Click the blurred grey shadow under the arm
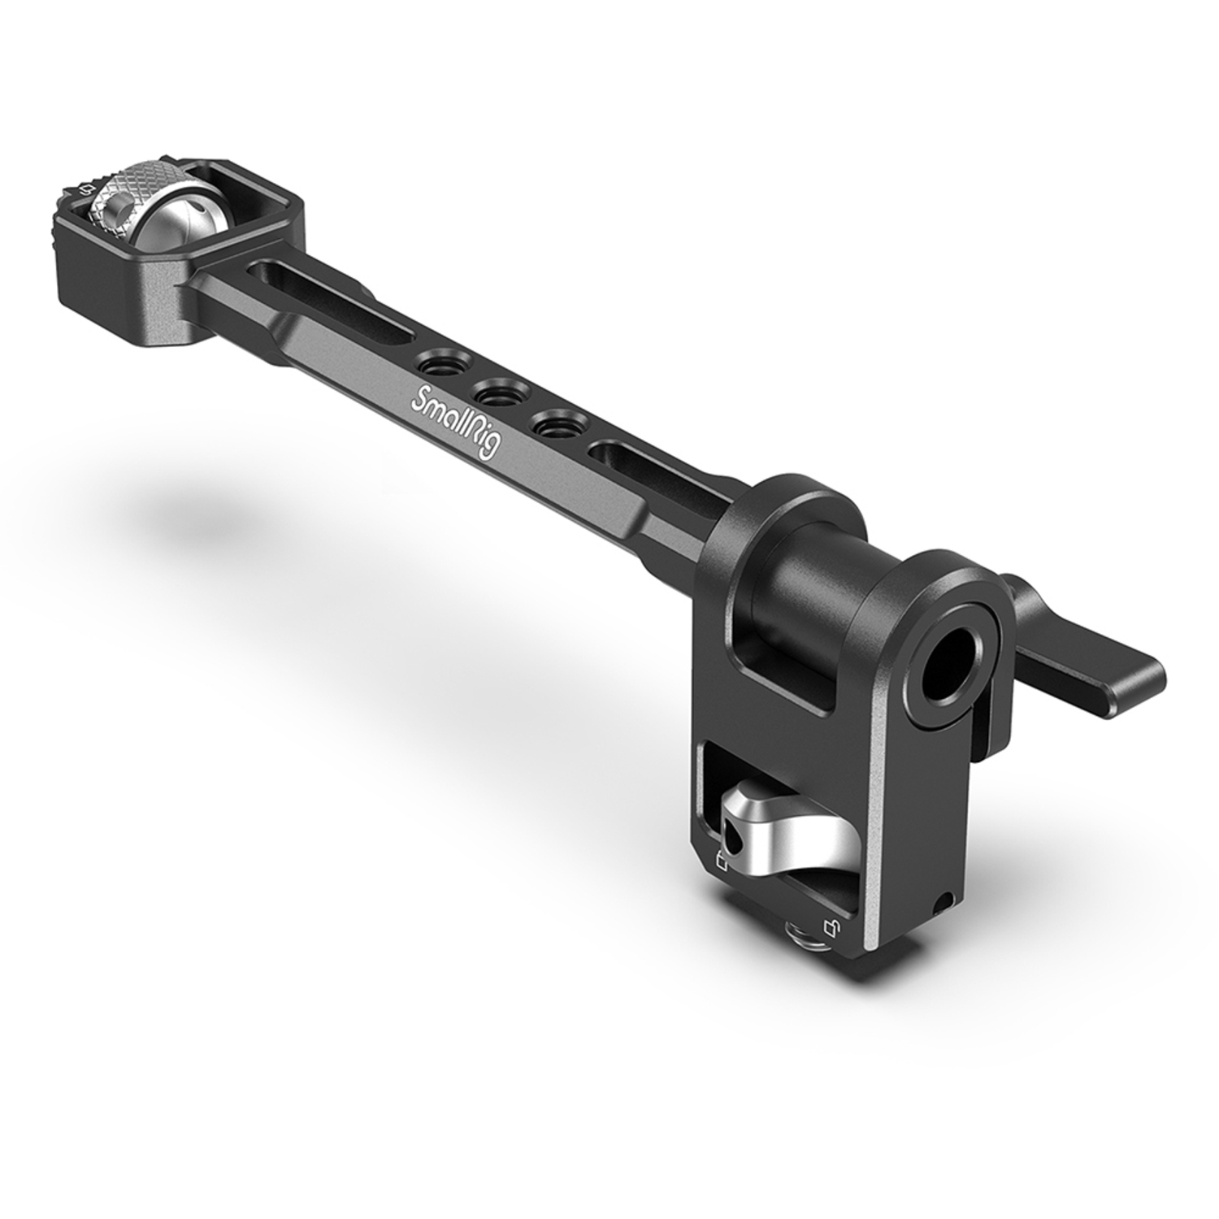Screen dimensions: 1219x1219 click(203, 520)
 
